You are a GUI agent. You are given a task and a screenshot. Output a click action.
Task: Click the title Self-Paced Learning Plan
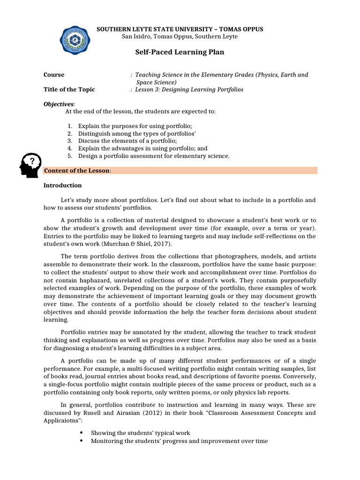(180, 52)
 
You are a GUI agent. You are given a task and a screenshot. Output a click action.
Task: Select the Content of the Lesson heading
(77, 171)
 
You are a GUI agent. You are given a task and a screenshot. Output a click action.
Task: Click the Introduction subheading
(63, 185)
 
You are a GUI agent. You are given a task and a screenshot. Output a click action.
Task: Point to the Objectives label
(59, 104)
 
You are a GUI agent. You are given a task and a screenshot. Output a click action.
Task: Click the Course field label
(54, 75)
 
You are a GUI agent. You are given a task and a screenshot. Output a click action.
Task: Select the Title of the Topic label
(69, 89)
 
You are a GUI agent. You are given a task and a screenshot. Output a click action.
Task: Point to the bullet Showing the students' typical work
(141, 433)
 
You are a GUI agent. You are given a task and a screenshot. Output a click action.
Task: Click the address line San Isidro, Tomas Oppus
(180, 37)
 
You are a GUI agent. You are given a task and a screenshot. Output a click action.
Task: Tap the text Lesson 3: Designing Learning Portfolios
(189, 89)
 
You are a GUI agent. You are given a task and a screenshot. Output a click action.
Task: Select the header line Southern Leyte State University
(180, 29)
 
